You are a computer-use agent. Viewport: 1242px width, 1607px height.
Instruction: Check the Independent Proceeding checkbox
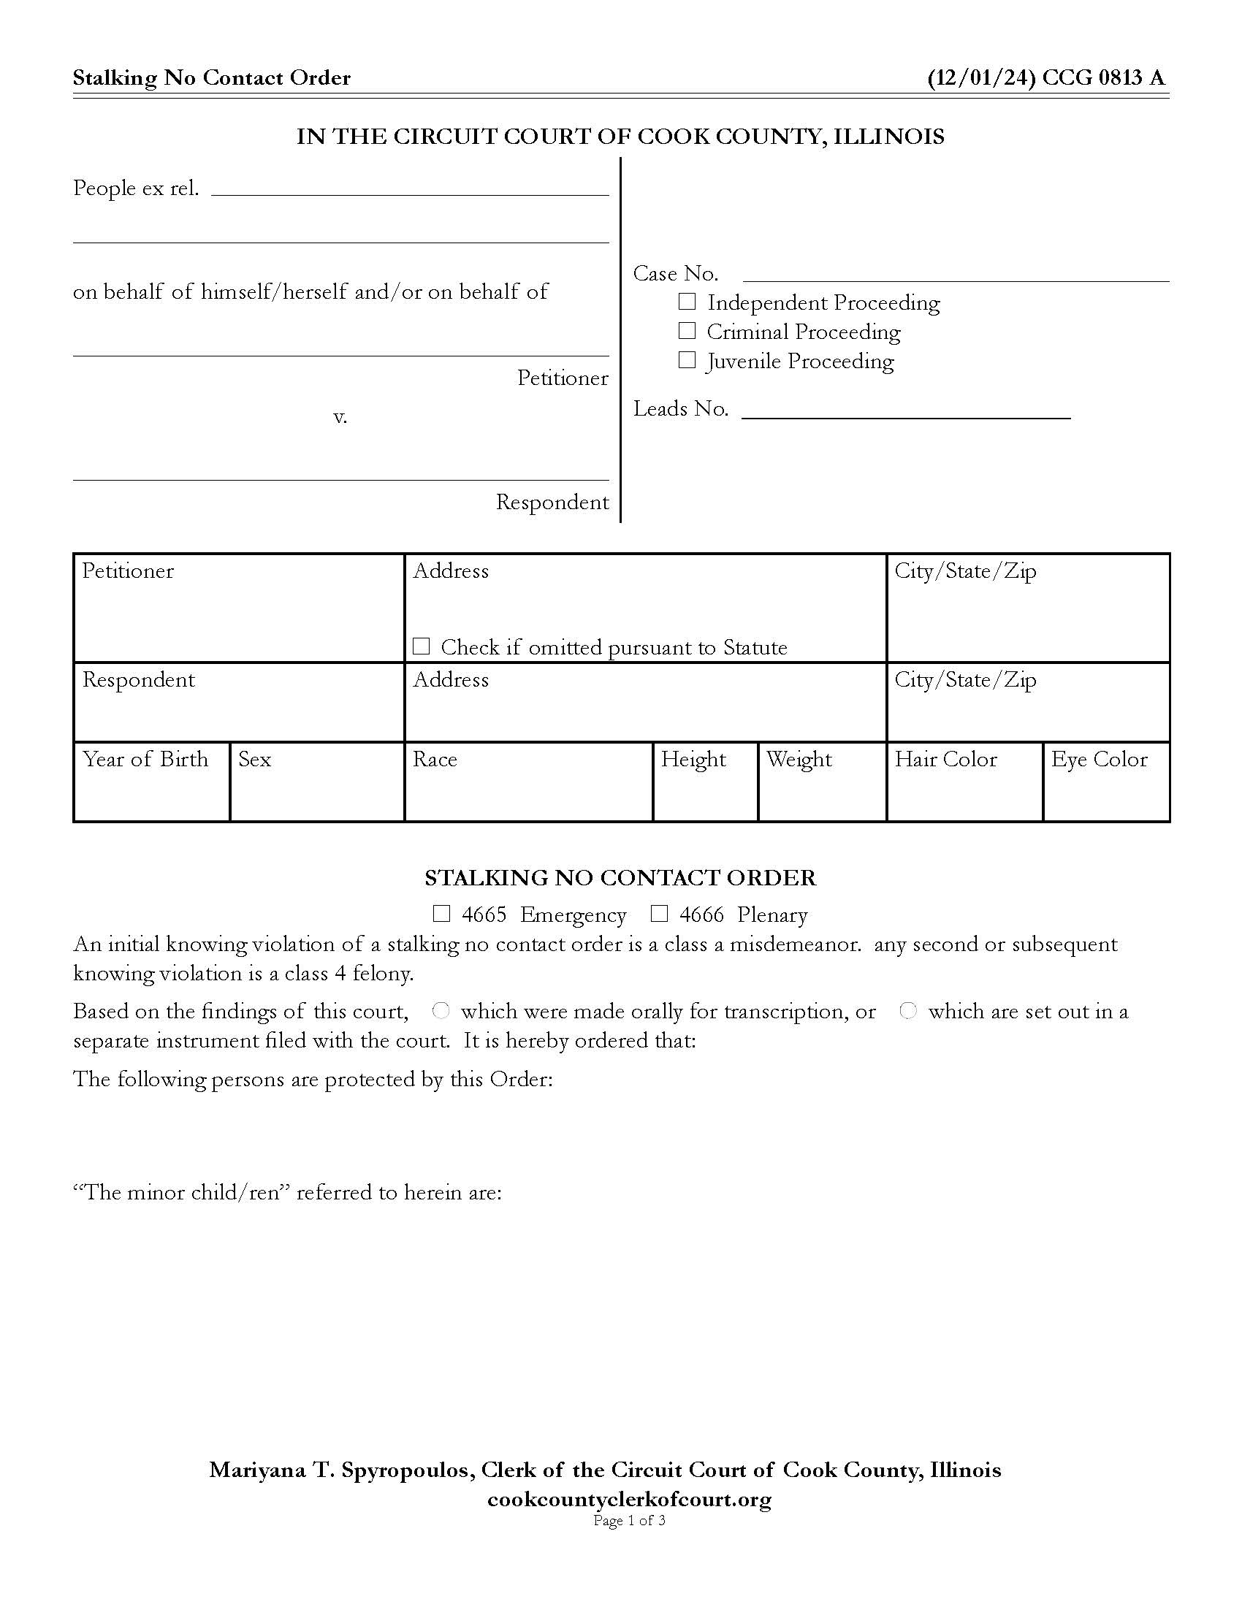point(687,302)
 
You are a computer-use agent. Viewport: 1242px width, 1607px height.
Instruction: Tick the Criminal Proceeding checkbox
point(687,331)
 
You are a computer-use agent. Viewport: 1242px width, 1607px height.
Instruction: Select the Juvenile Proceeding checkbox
point(687,360)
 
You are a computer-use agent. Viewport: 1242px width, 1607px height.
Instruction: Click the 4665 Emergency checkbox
point(441,914)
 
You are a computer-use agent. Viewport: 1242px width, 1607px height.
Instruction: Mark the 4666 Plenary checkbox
point(659,914)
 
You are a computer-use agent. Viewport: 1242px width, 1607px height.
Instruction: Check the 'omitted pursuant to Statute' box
point(421,646)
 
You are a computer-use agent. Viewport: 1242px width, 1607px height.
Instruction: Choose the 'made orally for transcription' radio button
point(441,1011)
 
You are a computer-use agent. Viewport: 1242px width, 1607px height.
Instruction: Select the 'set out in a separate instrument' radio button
point(909,1011)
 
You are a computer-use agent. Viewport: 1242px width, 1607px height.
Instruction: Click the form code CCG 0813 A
point(1103,78)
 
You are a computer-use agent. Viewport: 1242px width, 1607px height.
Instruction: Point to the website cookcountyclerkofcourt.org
point(629,1499)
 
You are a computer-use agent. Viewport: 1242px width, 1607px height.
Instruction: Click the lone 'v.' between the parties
point(340,417)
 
